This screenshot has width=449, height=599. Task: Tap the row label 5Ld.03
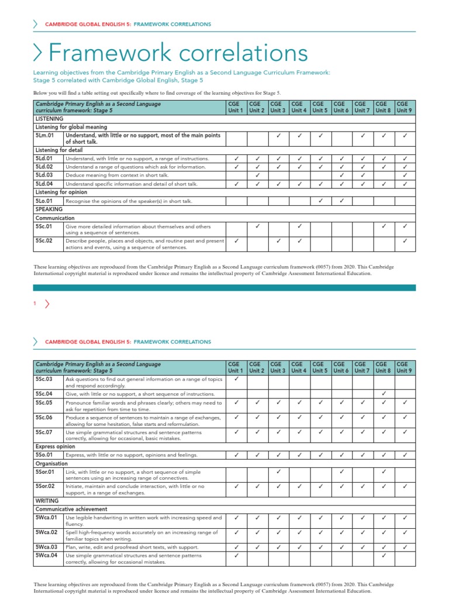coord(44,175)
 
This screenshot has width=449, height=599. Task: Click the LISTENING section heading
coord(50,118)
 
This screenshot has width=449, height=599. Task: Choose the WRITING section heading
coord(47,501)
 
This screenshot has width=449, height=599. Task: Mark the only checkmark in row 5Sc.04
coord(384,393)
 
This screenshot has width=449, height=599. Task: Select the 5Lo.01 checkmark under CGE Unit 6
coord(341,201)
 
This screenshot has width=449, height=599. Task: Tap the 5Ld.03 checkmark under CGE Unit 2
coord(257,175)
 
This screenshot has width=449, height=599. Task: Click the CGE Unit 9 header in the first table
coord(405,106)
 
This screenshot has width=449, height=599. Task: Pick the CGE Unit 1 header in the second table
coord(236,367)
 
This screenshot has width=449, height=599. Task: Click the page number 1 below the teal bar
coord(35,303)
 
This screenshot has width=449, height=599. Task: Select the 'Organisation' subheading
coord(53,463)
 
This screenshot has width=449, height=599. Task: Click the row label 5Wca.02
coord(46,532)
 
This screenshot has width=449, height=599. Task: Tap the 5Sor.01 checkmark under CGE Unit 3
coord(278,471)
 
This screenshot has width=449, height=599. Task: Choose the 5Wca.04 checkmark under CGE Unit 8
coord(384,556)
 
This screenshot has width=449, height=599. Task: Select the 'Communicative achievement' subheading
coord(71,509)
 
